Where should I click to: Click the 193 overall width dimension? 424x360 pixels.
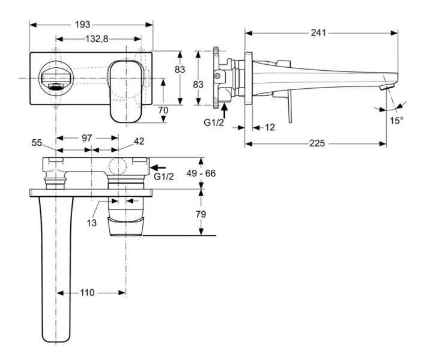point(83,25)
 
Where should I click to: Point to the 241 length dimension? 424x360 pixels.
point(319,32)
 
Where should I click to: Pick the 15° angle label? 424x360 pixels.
point(395,120)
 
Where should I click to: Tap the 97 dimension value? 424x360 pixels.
point(86,138)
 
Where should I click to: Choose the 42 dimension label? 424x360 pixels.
point(139,142)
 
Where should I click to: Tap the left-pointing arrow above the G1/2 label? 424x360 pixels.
point(158,168)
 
